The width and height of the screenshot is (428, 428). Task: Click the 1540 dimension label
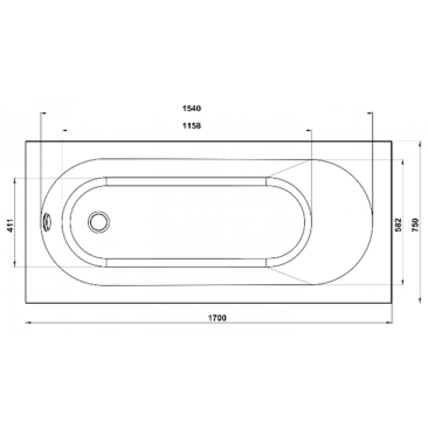point(192,109)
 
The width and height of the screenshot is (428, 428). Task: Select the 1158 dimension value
point(192,126)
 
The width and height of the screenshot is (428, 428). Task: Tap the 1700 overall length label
point(217,318)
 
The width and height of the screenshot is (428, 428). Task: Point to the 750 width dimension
point(415,225)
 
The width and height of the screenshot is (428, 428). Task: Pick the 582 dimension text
point(399,225)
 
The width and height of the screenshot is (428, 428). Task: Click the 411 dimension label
point(10,225)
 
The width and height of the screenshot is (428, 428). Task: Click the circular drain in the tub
point(99,222)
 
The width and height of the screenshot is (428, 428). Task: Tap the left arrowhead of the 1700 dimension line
point(28,323)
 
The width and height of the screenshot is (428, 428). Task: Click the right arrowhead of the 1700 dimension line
point(389,323)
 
